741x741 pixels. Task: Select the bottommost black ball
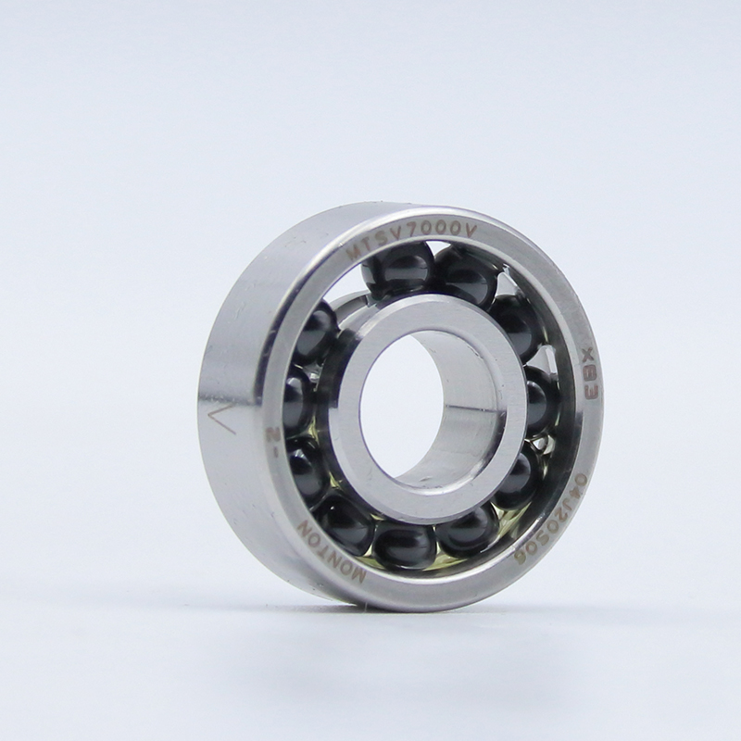(x=405, y=546)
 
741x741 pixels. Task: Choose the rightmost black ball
(x=538, y=399)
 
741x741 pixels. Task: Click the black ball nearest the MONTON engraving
(x=345, y=524)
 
